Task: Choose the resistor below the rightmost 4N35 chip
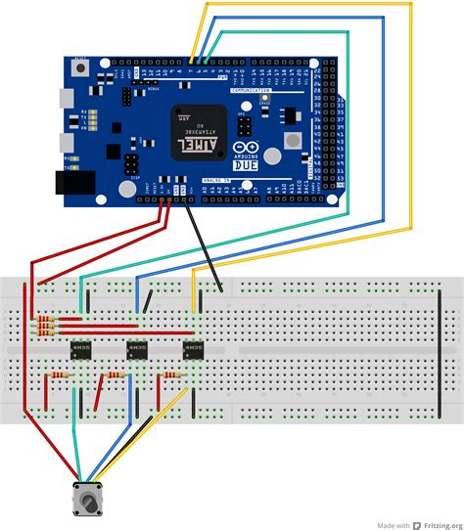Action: tap(172, 375)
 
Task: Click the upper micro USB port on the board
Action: tap(65, 99)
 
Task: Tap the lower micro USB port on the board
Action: tap(65, 142)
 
